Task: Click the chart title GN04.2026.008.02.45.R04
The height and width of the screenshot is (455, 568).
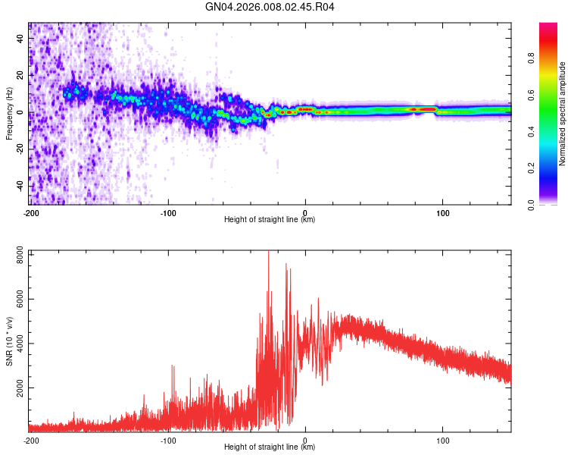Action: coord(270,8)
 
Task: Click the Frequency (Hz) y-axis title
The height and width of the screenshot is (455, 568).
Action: coord(9,113)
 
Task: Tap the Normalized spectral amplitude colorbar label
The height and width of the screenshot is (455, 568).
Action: coord(563,114)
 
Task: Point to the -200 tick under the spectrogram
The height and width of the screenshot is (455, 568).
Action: coord(31,213)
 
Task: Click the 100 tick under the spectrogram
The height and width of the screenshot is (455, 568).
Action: coord(442,213)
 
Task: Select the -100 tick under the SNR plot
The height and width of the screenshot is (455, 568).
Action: coord(168,440)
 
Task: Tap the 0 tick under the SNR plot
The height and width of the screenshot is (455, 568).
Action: coord(305,440)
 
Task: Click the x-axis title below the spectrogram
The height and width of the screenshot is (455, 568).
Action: coord(270,220)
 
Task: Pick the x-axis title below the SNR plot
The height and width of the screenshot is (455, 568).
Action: coord(270,447)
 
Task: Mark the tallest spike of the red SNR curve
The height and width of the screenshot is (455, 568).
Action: coord(268,253)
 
